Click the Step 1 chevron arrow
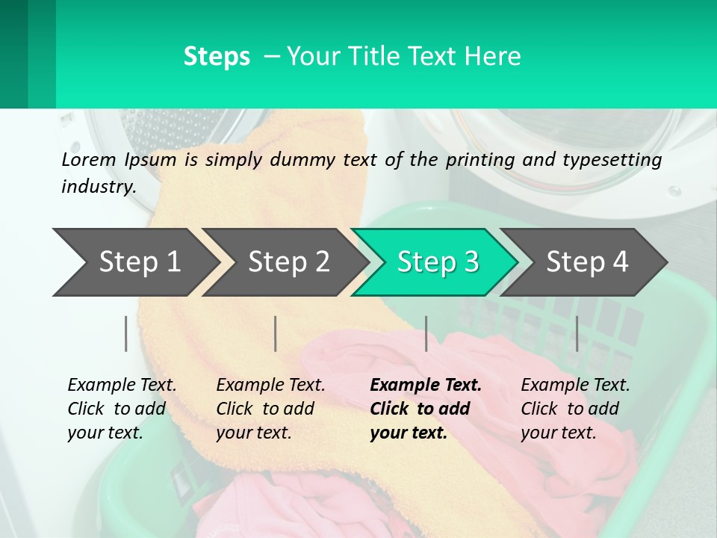click(134, 262)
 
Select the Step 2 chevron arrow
click(285, 262)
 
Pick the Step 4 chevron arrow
click(585, 262)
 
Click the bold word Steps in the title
click(217, 57)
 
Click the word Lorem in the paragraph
click(88, 159)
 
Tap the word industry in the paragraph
click(98, 186)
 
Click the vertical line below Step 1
click(126, 333)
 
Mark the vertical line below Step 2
click(276, 333)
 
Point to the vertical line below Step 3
click(426, 333)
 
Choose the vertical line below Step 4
click(577, 333)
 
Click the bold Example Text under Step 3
click(426, 386)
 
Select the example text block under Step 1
click(121, 409)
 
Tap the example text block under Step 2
click(270, 409)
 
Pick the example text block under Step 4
click(574, 409)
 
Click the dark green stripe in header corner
click(13, 54)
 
